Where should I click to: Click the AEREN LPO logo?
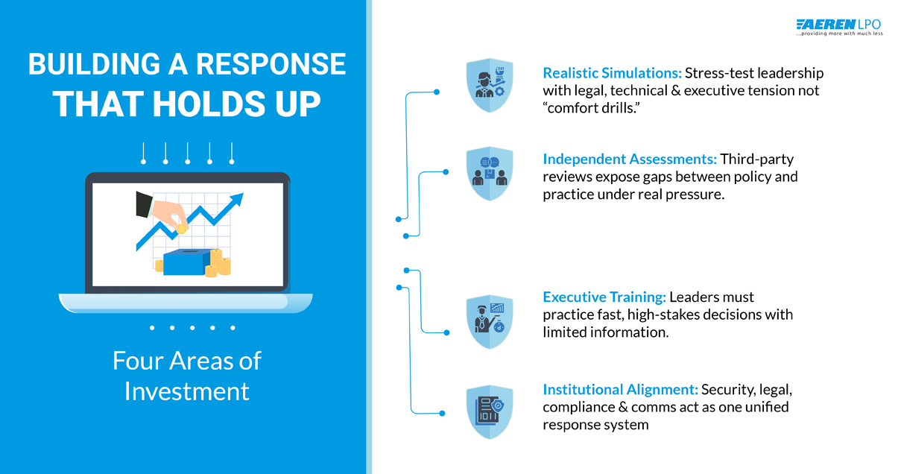(x=838, y=24)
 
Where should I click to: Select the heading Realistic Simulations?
(x=612, y=73)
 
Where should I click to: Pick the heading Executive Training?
(x=604, y=297)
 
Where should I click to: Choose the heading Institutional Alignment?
(x=620, y=389)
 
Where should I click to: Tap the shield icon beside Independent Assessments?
(x=489, y=174)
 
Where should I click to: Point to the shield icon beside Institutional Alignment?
(x=489, y=411)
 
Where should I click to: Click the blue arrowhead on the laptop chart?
(x=237, y=199)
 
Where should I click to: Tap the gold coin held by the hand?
(x=181, y=229)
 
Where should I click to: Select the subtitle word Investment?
(x=186, y=391)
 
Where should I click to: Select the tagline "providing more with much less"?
(x=840, y=34)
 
